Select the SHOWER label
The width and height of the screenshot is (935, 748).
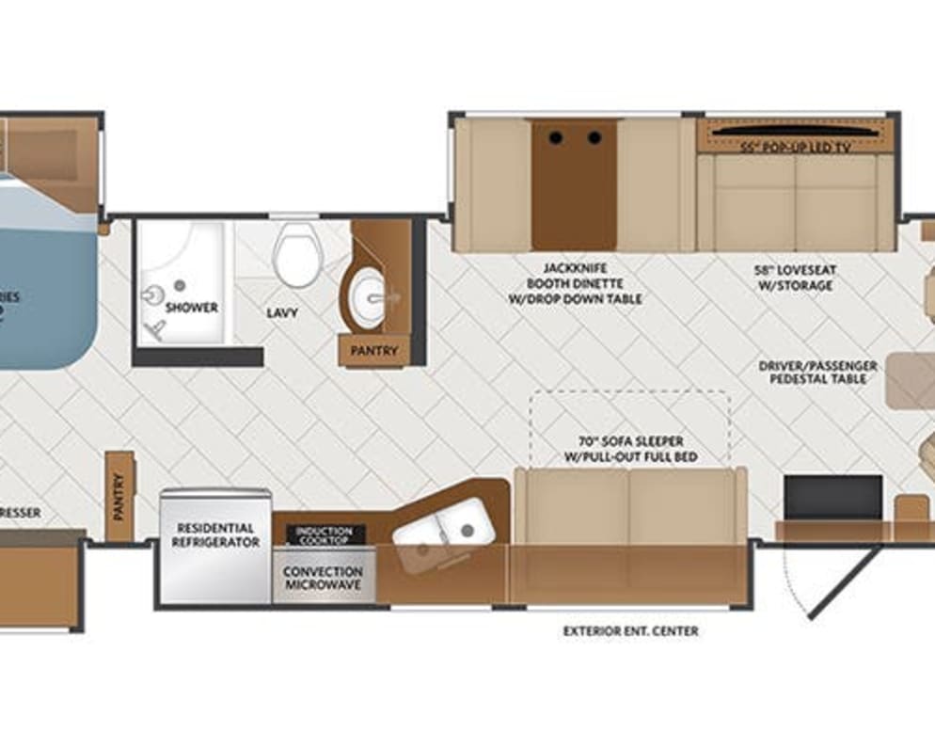pos(192,308)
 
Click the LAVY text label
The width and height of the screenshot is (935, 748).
pos(281,311)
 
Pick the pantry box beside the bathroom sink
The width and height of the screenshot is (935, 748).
pos(374,351)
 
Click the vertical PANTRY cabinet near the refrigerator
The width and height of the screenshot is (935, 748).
pos(119,496)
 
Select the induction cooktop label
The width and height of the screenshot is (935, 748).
pos(324,535)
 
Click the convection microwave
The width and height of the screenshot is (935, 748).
pos(324,577)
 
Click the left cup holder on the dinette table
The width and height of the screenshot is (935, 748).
pos(556,138)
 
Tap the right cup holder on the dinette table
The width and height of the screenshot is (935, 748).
pos(594,138)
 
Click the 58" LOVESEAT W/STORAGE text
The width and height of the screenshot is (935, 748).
pos(795,277)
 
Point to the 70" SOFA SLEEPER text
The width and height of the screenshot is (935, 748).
pos(630,449)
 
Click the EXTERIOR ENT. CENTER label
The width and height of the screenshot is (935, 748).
pos(630,630)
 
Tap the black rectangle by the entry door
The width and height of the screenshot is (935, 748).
pos(833,497)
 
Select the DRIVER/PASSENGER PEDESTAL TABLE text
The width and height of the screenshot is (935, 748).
pos(818,372)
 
